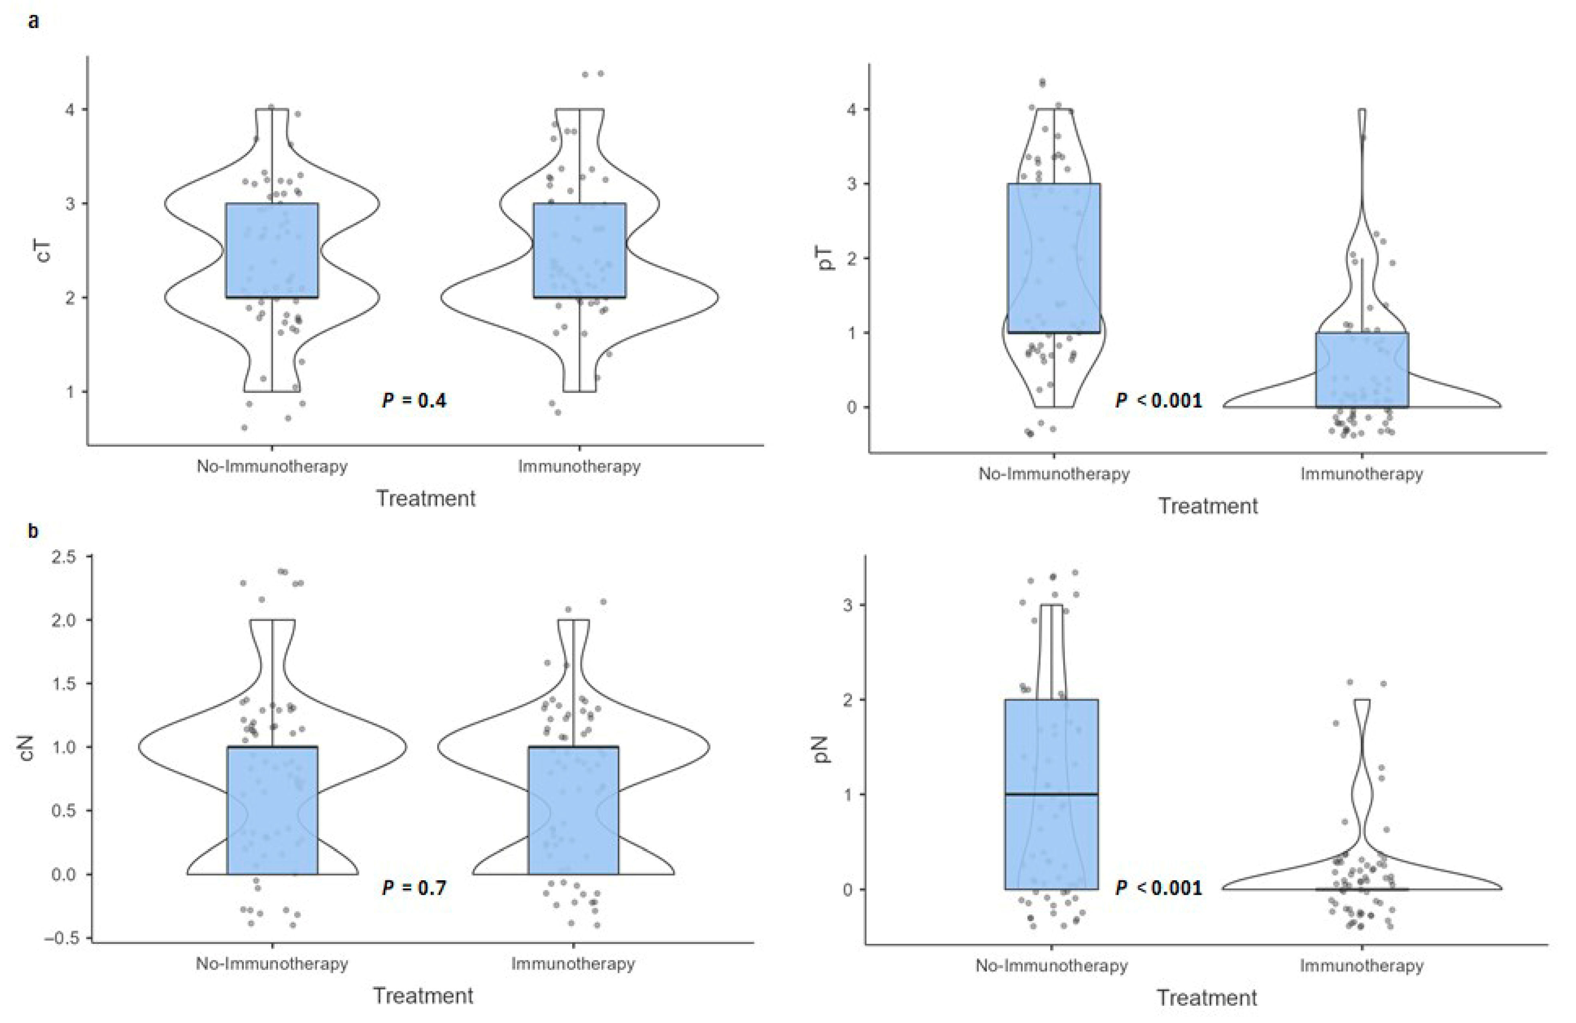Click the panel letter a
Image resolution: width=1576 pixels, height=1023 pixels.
point(33,21)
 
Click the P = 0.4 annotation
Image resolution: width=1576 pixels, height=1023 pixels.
point(414,400)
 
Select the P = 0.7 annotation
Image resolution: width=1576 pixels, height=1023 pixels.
point(414,887)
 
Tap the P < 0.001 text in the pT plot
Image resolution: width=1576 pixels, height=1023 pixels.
point(1159,400)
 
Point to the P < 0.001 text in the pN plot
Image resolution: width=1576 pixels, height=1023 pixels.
point(1159,887)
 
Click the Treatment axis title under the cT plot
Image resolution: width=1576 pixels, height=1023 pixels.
point(426,498)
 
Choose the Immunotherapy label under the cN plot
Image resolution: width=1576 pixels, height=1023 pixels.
point(573,963)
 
